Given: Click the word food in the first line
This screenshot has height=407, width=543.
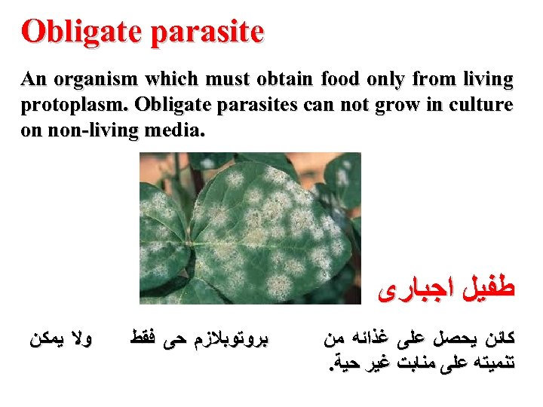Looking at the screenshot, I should [x=340, y=79].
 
